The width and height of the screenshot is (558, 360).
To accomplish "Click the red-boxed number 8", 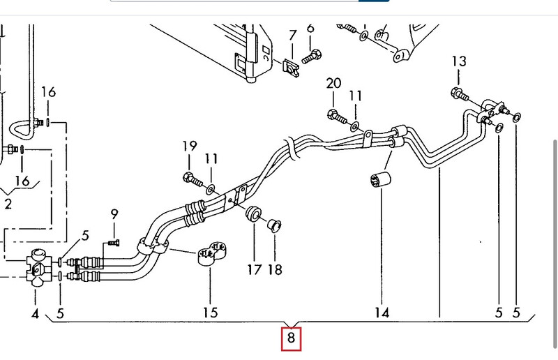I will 292,340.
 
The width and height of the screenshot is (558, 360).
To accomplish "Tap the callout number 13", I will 458,61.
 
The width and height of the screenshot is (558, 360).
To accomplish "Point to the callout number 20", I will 333,84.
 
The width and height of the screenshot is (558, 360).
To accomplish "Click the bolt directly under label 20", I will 334,115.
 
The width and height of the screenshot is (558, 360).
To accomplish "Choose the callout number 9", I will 114,214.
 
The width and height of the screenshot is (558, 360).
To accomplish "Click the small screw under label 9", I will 114,242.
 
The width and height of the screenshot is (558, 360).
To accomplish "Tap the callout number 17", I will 254,269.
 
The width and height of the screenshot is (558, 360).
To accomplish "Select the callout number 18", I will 275,269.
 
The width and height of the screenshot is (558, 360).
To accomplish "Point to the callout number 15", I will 210,313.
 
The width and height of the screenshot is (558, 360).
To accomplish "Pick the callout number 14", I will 382,313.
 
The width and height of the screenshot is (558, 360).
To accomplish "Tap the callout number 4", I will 35,313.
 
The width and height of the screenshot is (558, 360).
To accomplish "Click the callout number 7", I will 292,34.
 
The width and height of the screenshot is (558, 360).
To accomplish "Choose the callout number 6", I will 310,28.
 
